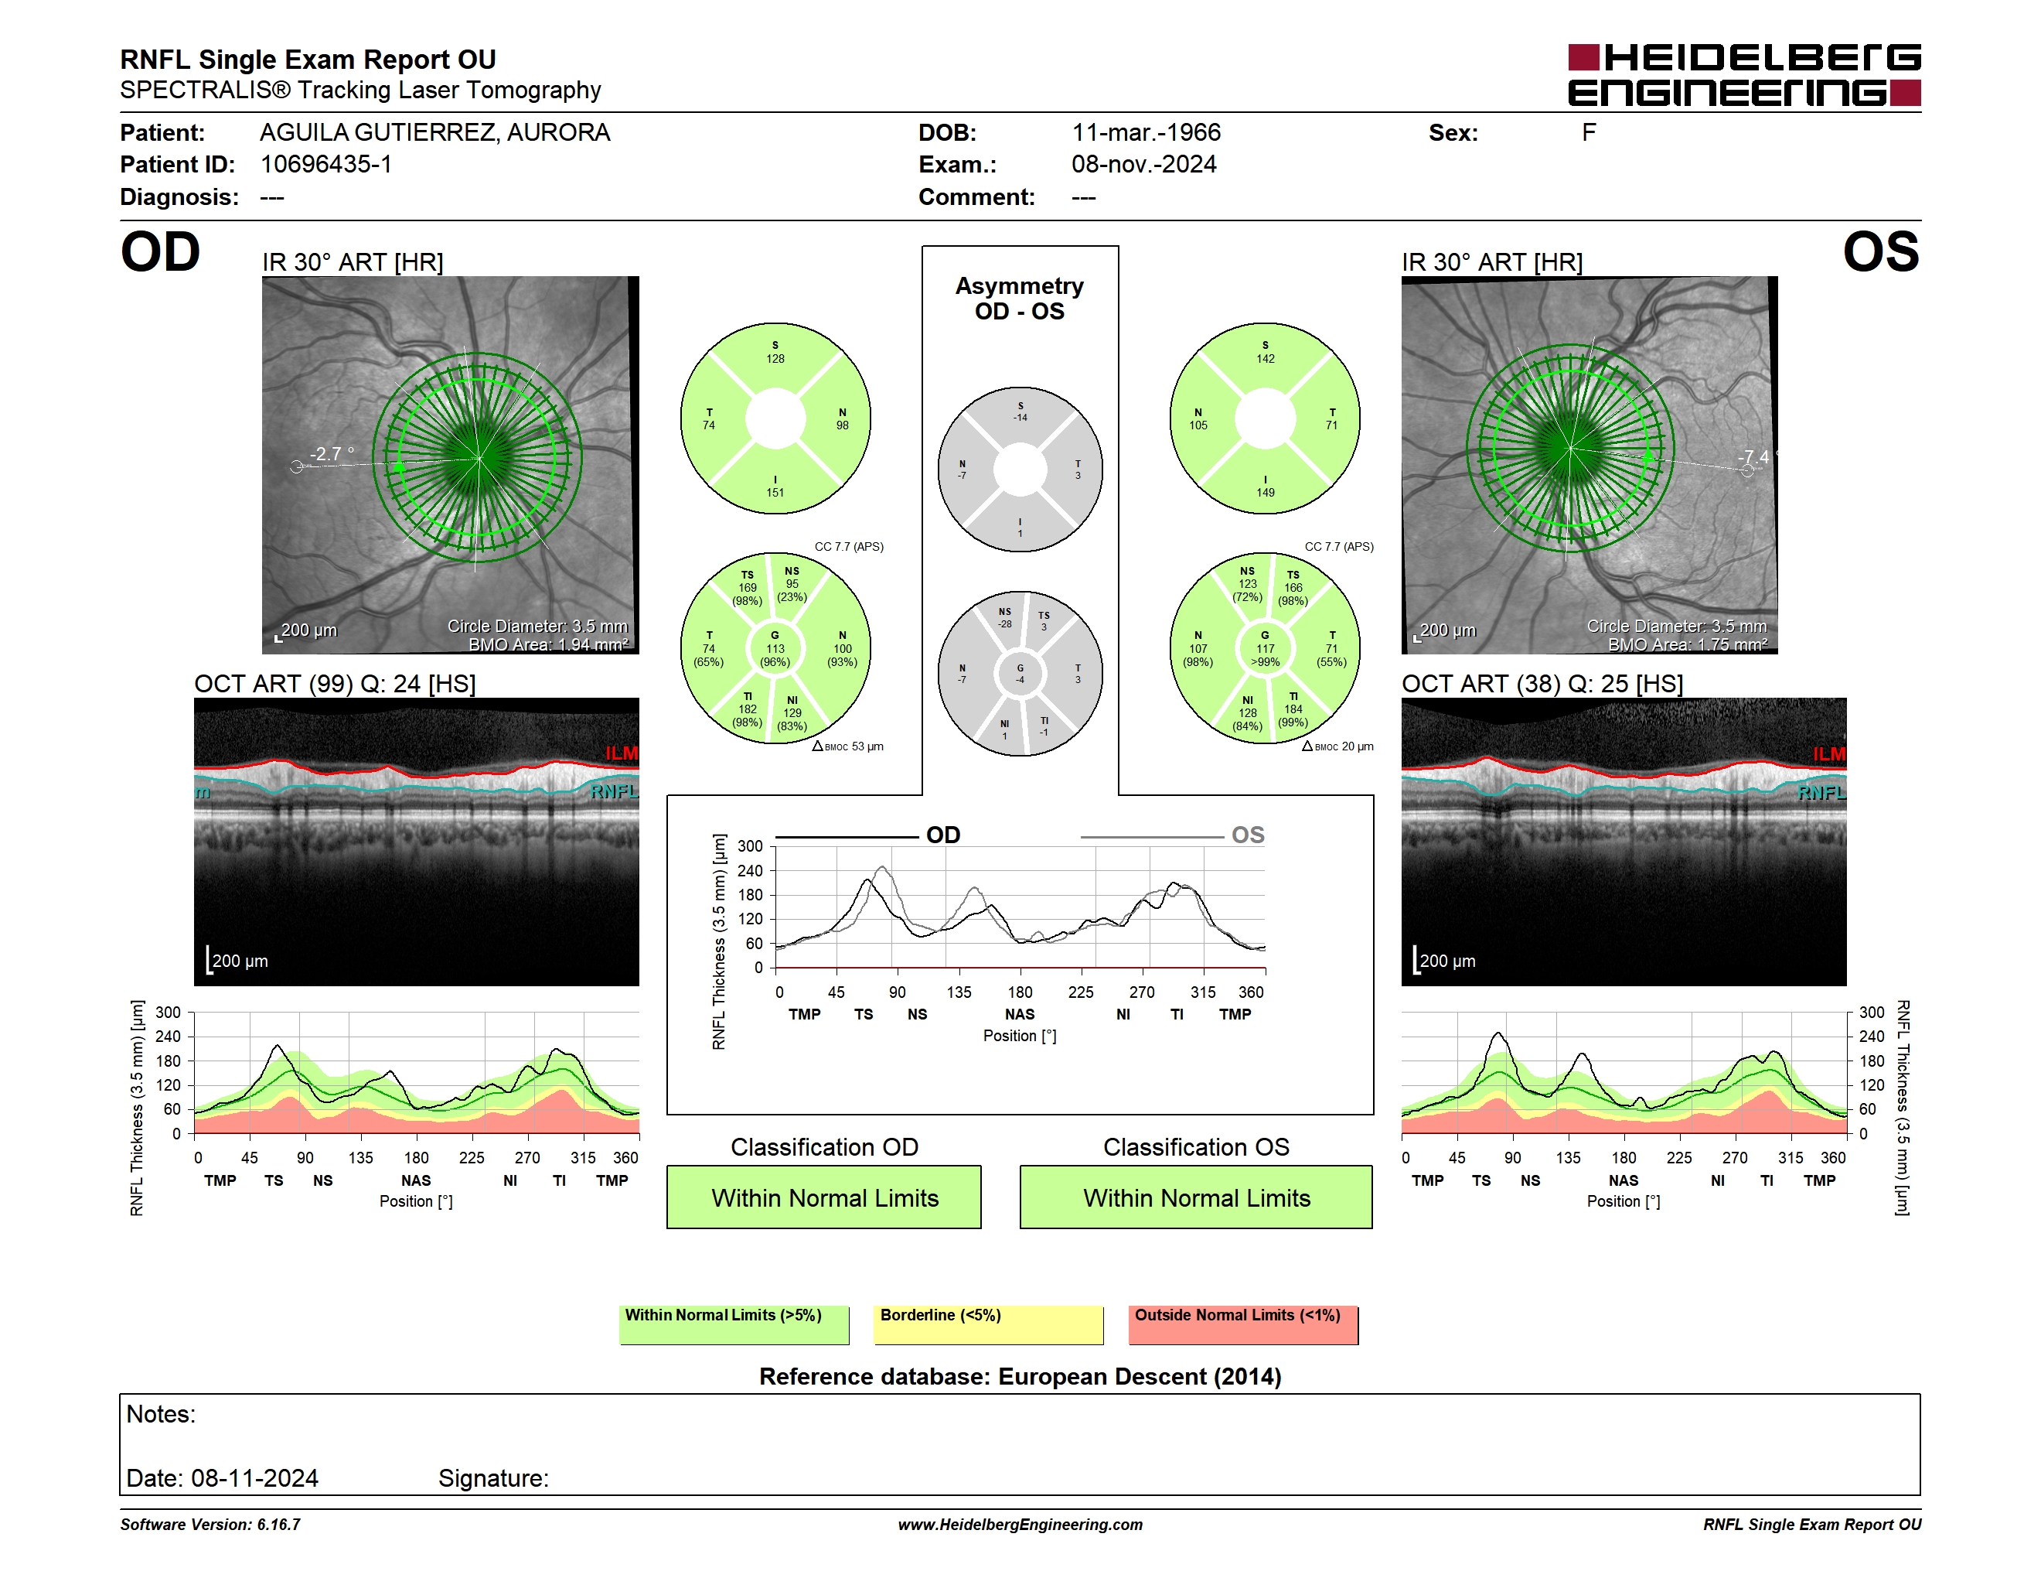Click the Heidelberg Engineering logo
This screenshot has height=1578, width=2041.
(x=1744, y=75)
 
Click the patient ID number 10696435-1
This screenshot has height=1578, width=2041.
(x=326, y=165)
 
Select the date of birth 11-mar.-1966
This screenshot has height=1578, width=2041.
(x=1146, y=133)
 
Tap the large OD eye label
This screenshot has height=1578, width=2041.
(x=161, y=252)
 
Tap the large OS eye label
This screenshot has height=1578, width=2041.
(x=1880, y=252)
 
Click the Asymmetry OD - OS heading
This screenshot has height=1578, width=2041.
(x=1020, y=299)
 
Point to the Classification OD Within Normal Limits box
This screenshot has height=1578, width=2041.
(x=824, y=1197)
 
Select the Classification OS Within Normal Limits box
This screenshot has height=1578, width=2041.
(x=1196, y=1197)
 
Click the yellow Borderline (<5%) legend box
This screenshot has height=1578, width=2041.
(x=989, y=1324)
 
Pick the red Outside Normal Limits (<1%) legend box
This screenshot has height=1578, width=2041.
(x=1244, y=1324)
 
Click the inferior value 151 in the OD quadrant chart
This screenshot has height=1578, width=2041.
(x=775, y=493)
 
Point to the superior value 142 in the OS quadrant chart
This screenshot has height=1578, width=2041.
(x=1266, y=359)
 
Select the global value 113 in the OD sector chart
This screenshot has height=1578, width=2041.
(x=775, y=649)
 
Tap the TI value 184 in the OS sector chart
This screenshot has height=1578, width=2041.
(x=1293, y=709)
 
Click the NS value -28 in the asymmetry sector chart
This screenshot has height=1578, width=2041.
(x=1004, y=623)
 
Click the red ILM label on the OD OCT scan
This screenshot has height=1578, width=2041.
(x=622, y=753)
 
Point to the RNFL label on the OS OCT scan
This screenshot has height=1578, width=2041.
(x=1821, y=793)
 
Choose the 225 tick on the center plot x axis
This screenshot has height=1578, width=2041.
(x=1082, y=992)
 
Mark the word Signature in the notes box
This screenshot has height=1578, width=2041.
(x=493, y=1478)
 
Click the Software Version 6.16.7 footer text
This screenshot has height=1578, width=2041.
(x=210, y=1525)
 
